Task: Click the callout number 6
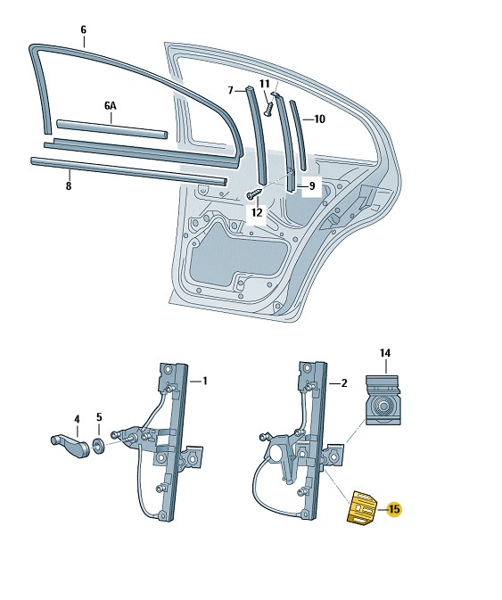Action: coord(83,29)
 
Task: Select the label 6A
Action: coord(110,105)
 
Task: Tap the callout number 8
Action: coord(68,185)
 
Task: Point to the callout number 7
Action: coord(230,90)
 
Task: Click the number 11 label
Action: coord(264,83)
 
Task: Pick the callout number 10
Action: coord(319,119)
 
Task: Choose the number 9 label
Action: coord(311,186)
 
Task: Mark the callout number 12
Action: coord(257,212)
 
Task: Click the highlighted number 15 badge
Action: coord(395,509)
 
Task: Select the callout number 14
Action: coord(385,354)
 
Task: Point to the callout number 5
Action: coord(99,417)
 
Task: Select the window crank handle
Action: coord(66,440)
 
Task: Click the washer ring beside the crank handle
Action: coord(98,444)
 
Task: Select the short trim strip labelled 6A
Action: coord(111,127)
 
